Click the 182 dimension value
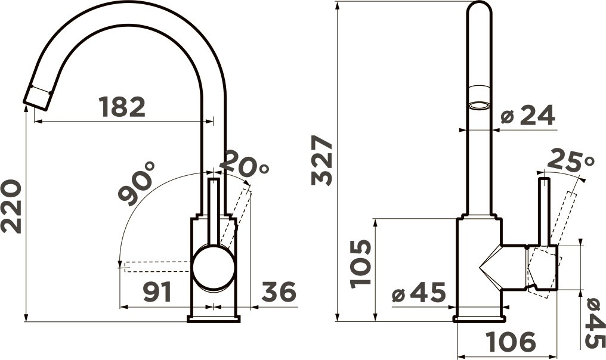coord(122,107)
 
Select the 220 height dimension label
coord(11,206)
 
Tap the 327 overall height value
coord(322,160)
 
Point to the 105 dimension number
coord(361,264)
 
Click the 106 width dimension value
coord(511,342)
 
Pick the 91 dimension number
coord(157,292)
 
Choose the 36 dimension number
coord(279,291)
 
